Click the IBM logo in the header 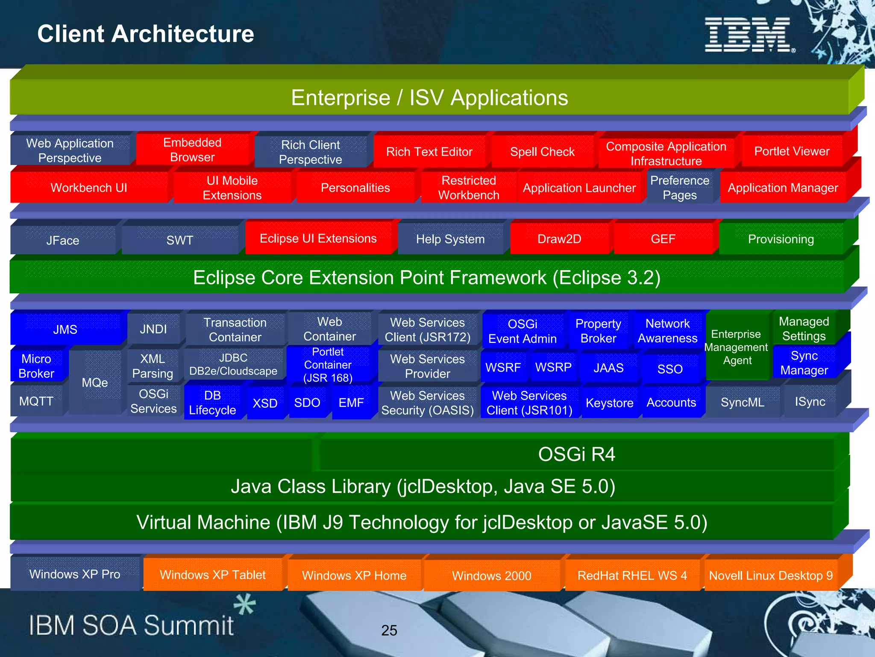pos(749,35)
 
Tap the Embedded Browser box pos(192,150)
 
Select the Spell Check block pos(542,152)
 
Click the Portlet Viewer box pos(791,151)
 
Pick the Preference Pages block pos(679,188)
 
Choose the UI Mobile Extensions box pos(232,188)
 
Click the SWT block pos(180,240)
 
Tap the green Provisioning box pos(781,239)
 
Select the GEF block pos(663,239)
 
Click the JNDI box pos(153,329)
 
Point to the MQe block pos(95,383)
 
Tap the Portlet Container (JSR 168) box pos(328,365)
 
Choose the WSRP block pos(553,368)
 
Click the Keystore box pos(609,403)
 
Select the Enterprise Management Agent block pos(736,347)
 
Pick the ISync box pos(810,402)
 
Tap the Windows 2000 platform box pos(491,576)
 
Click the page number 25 pos(389,630)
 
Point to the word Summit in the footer pos(188,626)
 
